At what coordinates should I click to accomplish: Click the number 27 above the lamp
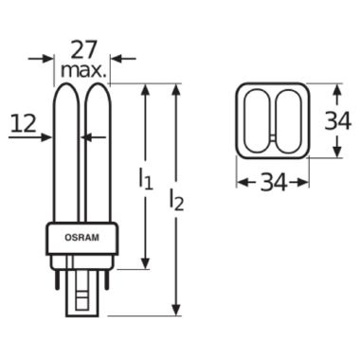click(82, 50)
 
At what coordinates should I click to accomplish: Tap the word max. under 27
click(82, 71)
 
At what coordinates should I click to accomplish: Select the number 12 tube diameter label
click(23, 123)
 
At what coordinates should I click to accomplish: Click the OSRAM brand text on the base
click(81, 238)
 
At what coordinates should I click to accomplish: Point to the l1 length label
click(146, 179)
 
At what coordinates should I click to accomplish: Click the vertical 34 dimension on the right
click(338, 121)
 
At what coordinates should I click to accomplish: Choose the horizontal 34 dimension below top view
click(274, 183)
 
